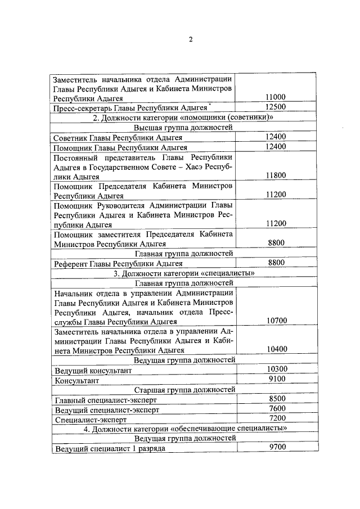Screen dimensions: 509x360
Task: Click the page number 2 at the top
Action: [191, 39]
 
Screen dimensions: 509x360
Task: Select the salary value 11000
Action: [276, 97]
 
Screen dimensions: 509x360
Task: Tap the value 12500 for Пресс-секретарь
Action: [276, 107]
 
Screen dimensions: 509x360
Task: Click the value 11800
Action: [276, 175]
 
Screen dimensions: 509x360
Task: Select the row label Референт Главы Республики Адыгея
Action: [118, 263]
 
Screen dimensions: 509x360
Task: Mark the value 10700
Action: [277, 321]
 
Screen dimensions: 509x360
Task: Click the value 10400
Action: [277, 349]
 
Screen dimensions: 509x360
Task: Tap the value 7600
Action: [277, 409]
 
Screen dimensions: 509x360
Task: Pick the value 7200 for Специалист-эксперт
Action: [277, 418]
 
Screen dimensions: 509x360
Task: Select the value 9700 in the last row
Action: [277, 447]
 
